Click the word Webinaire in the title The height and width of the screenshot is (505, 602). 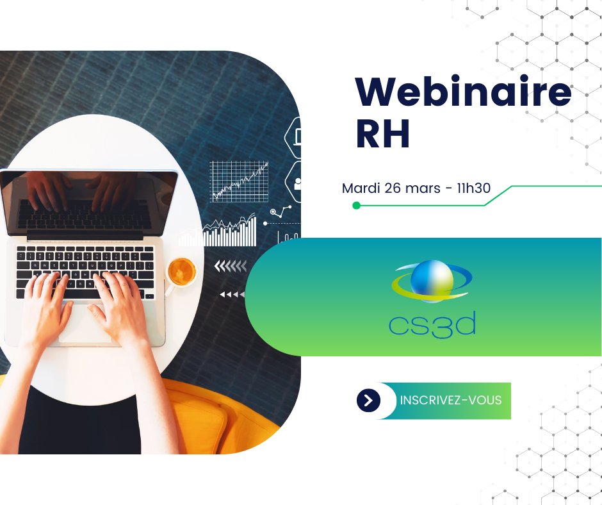pyautogui.click(x=463, y=94)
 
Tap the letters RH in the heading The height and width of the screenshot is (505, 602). pyautogui.click(x=382, y=135)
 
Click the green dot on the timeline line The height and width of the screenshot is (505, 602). pyautogui.click(x=356, y=205)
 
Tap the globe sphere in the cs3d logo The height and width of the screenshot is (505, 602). pyautogui.click(x=432, y=280)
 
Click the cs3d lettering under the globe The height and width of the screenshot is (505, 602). pyautogui.click(x=432, y=324)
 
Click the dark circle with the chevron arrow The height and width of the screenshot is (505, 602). pyautogui.click(x=368, y=401)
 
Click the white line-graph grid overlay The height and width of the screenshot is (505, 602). pyautogui.click(x=240, y=181)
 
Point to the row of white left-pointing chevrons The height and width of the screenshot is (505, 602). pyautogui.click(x=231, y=266)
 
